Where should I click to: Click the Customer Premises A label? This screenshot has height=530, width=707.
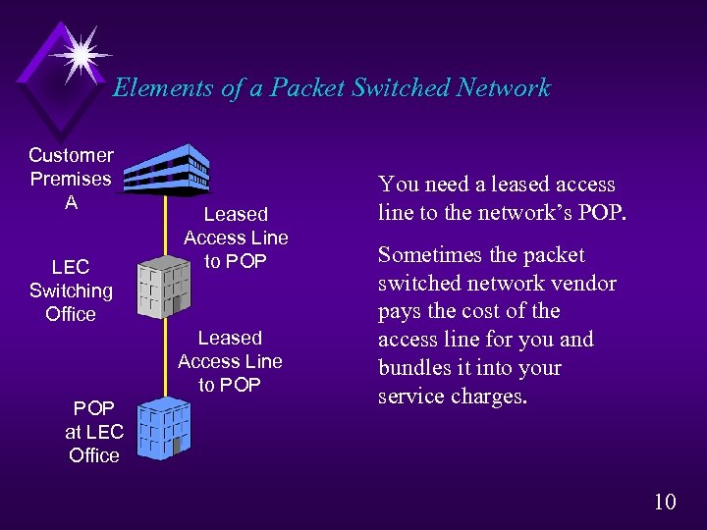coord(71,179)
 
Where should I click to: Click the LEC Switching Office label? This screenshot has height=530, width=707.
coord(71,291)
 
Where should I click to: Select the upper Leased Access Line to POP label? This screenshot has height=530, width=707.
coord(236,238)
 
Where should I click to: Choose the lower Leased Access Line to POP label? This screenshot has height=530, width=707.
coord(230,361)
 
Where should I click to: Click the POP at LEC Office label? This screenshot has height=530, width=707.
coord(93,432)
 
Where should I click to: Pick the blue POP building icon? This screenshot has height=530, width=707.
coord(162,427)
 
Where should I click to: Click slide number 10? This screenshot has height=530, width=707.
coord(665,502)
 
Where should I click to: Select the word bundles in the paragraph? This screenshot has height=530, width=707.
coord(414,368)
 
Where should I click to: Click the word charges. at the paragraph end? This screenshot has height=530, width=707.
coord(491,397)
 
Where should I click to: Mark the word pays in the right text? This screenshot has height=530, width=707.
coord(401,312)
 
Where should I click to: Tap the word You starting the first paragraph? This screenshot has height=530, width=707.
coord(399,185)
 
